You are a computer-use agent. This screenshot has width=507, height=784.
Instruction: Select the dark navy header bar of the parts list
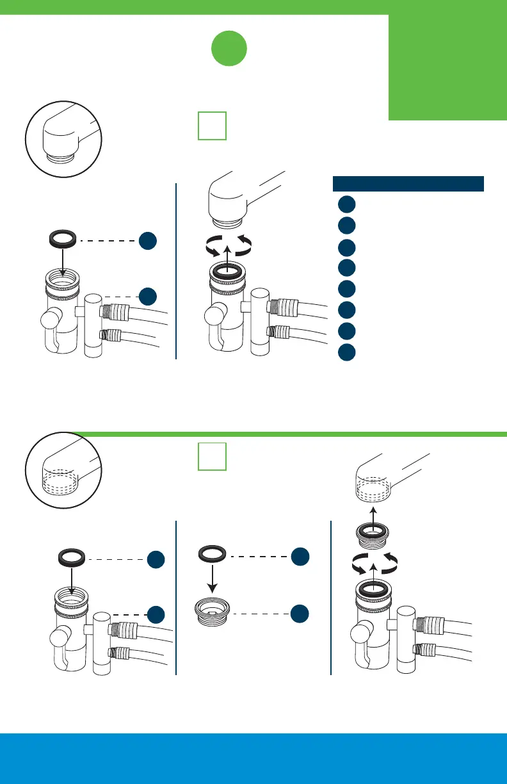point(408,183)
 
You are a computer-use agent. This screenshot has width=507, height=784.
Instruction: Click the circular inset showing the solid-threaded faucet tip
point(62,138)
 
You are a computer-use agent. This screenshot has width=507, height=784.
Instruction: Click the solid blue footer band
point(253,758)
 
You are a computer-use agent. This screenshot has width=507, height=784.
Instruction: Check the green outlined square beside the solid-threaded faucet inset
point(211,126)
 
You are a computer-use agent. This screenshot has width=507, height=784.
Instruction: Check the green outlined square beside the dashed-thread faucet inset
point(211,458)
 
